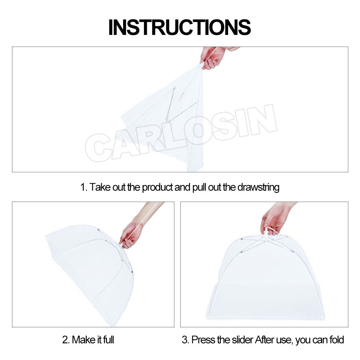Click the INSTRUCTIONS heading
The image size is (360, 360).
(180, 27)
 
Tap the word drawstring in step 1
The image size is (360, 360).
(258, 188)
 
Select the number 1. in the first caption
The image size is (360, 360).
(84, 188)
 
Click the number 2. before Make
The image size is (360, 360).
(66, 339)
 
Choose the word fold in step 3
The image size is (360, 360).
(336, 339)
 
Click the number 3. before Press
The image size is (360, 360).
(185, 339)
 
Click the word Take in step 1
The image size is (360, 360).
(100, 188)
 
